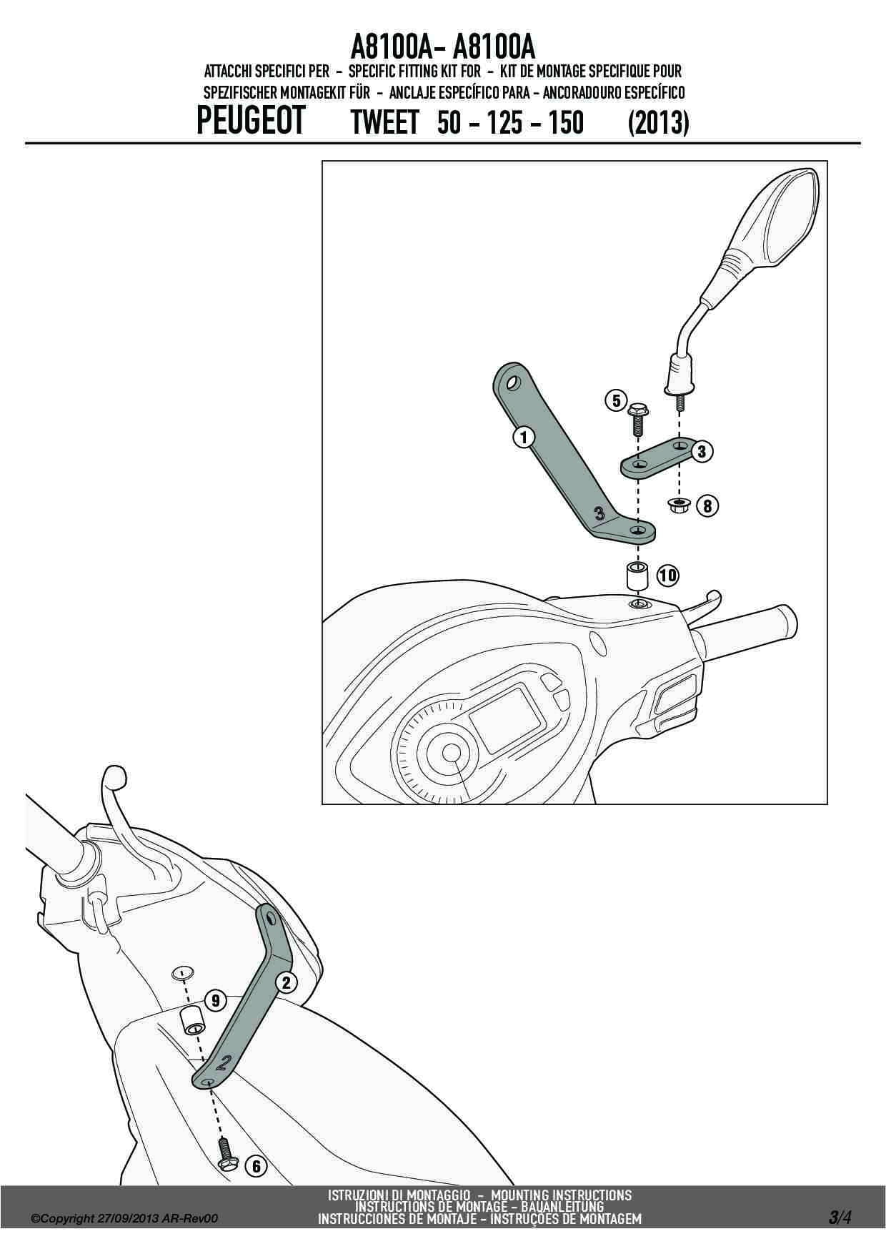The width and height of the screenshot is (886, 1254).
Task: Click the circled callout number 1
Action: coord(524,436)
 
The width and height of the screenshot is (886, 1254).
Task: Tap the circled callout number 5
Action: coord(617,401)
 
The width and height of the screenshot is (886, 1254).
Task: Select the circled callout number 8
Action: coord(707,506)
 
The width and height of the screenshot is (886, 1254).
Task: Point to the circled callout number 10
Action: coord(668,575)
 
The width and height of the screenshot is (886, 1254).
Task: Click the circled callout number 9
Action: coord(215,1000)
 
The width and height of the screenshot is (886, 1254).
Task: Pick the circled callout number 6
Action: coord(255,1167)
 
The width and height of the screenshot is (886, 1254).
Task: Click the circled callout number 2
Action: coord(286,982)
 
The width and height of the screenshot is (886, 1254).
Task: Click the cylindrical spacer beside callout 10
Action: coord(637,576)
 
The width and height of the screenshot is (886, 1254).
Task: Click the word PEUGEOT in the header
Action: coord(251,120)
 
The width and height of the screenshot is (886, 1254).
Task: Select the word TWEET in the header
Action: coord(384,122)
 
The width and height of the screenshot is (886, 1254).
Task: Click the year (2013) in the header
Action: coord(658,122)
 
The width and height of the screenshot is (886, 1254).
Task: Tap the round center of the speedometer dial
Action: coord(452,754)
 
